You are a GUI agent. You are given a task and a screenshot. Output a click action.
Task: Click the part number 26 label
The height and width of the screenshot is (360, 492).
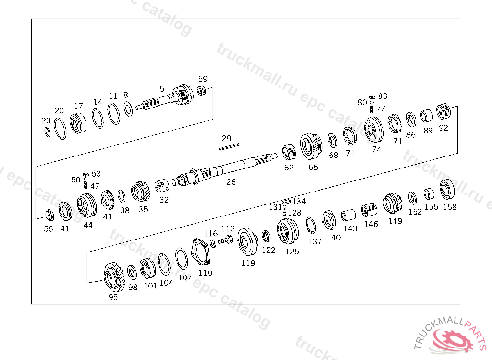coord(231,182)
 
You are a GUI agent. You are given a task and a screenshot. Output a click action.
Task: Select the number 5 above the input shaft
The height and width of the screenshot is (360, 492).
coord(162,89)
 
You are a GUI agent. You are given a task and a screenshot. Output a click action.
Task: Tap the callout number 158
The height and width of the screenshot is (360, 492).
coord(450,207)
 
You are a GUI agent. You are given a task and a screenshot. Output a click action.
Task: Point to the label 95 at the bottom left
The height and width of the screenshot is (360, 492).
coord(113,297)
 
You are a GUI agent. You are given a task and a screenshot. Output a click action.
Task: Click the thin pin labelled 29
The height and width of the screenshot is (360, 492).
coord(229,146)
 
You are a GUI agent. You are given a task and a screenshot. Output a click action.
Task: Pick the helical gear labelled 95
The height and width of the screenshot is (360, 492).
coord(113,277)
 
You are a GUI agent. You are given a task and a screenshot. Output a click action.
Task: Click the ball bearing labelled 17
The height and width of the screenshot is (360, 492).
coord(78,123)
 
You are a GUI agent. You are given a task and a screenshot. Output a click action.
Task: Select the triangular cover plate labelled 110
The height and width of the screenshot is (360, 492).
coord(200,252)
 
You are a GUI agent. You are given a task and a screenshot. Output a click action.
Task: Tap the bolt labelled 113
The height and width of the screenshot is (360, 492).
coord(225,240)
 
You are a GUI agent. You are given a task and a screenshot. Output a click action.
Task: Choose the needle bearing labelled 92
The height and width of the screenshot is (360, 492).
coord(443,112)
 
